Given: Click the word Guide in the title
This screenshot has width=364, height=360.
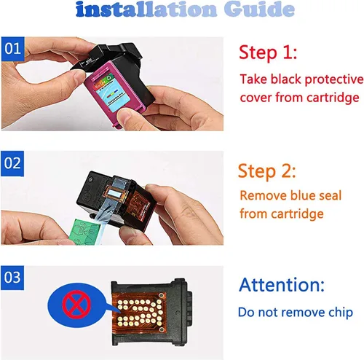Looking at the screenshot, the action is tap(259, 9).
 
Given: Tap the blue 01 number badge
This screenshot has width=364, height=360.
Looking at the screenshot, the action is tap(13, 49).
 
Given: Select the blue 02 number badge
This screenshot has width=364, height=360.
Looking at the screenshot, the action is tap(12, 163).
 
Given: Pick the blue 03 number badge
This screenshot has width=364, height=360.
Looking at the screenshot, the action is tap(12, 278).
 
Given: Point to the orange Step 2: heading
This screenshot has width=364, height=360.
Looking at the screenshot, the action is tap(266, 171).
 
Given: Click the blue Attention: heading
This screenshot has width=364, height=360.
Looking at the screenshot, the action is tap(282, 284).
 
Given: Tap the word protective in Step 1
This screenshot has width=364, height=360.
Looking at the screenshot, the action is tap(334, 80).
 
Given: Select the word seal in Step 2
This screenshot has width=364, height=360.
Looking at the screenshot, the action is tap(330, 195).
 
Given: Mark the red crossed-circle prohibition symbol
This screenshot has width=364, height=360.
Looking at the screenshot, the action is tap(76, 305).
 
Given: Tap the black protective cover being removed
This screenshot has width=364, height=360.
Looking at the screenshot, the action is tap(107, 57).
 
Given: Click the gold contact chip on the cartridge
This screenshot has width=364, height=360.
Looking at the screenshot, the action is tap(139, 312).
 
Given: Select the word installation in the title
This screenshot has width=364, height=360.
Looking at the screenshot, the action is tap(146, 9).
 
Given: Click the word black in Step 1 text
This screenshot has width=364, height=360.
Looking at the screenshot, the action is tap(286, 79).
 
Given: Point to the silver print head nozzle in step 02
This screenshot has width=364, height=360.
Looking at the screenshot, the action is tap(114, 194).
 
